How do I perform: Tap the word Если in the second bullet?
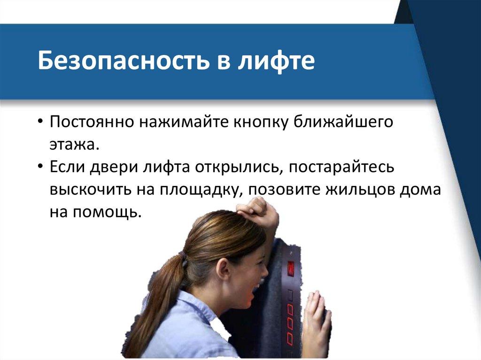pos(67,167)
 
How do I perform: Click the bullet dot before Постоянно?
pos(40,122)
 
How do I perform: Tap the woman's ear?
pos(224,269)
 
